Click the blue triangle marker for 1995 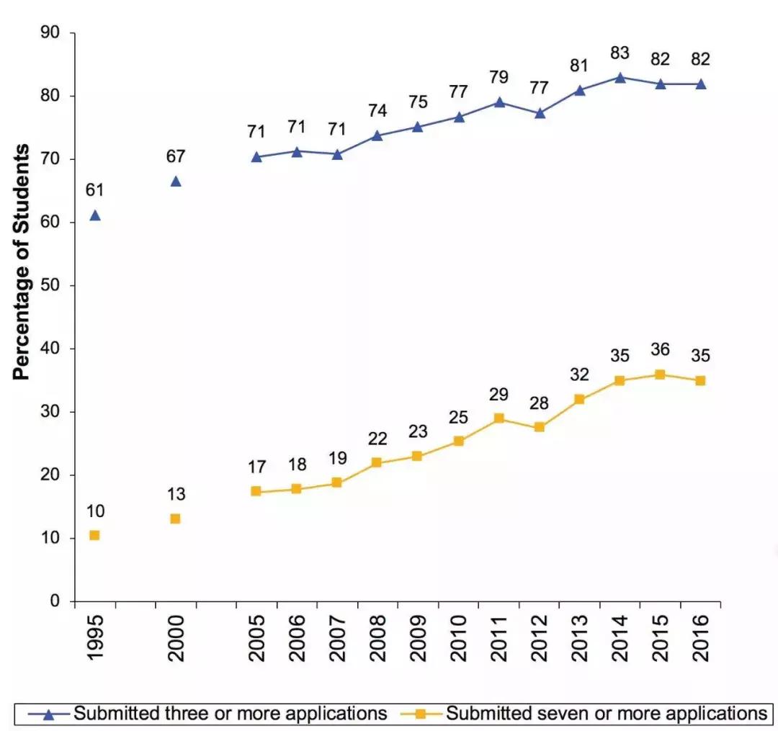pyautogui.click(x=94, y=215)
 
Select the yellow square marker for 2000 pyautogui.click(x=175, y=519)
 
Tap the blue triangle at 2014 pyautogui.click(x=620, y=77)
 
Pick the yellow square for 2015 pyautogui.click(x=660, y=375)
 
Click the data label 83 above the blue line pyautogui.click(x=620, y=53)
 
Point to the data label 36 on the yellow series pyautogui.click(x=660, y=350)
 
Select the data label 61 pyautogui.click(x=94, y=190)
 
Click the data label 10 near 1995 pyautogui.click(x=95, y=511)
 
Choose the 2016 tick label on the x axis pyautogui.click(x=700, y=634)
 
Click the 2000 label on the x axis pyautogui.click(x=176, y=634)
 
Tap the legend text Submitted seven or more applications pyautogui.click(x=606, y=714)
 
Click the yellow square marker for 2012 pyautogui.click(x=539, y=427)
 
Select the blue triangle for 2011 pyautogui.click(x=498, y=102)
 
